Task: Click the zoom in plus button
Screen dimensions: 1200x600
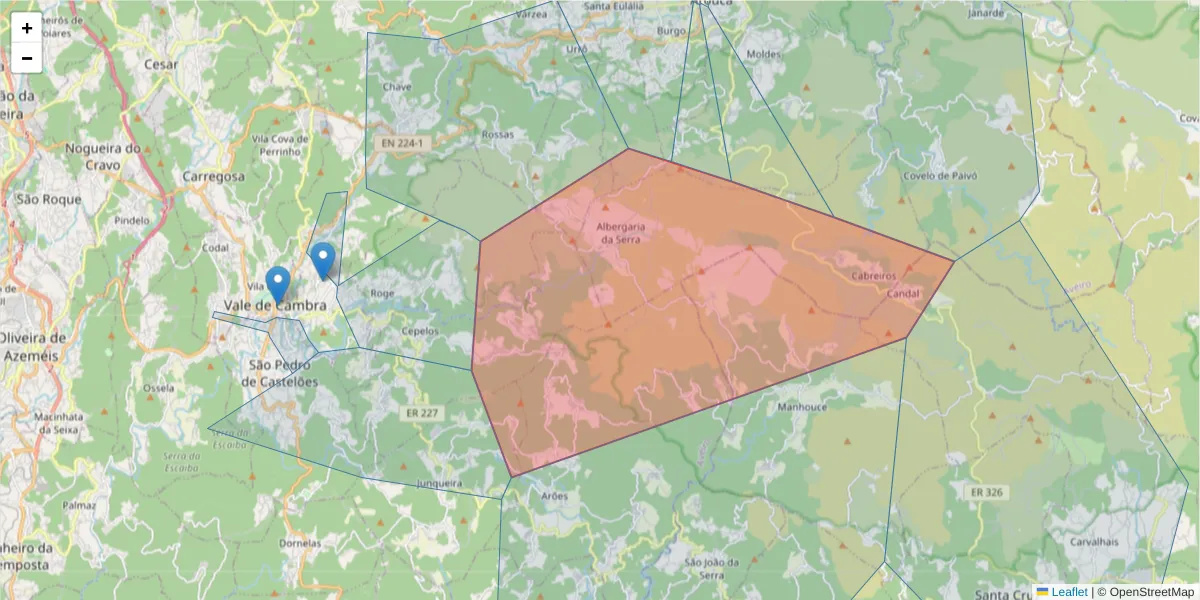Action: click(x=27, y=28)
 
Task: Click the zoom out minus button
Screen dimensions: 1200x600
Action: click(x=27, y=58)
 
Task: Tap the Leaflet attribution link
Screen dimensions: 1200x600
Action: click(x=1069, y=592)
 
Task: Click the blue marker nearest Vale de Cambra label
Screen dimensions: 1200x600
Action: click(x=278, y=284)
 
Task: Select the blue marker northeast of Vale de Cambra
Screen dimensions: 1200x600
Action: click(x=322, y=260)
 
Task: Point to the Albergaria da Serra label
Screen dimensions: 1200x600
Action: click(x=621, y=232)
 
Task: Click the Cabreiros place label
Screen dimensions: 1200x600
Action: click(x=873, y=275)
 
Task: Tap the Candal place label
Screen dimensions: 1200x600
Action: click(x=903, y=293)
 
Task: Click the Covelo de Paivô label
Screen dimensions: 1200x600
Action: click(x=939, y=176)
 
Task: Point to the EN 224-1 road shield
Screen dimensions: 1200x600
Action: click(x=402, y=144)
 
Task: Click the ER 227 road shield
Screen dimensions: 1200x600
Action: click(x=423, y=412)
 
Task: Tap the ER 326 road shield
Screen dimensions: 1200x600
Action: click(x=985, y=492)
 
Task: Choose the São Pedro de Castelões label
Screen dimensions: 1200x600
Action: click(x=283, y=373)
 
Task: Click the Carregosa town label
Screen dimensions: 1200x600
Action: click(x=214, y=176)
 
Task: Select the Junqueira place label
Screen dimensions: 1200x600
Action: click(x=439, y=483)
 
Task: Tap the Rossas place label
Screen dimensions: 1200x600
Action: click(x=497, y=134)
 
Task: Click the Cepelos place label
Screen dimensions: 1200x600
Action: click(x=419, y=331)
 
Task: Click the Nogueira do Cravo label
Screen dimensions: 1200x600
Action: click(x=103, y=156)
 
